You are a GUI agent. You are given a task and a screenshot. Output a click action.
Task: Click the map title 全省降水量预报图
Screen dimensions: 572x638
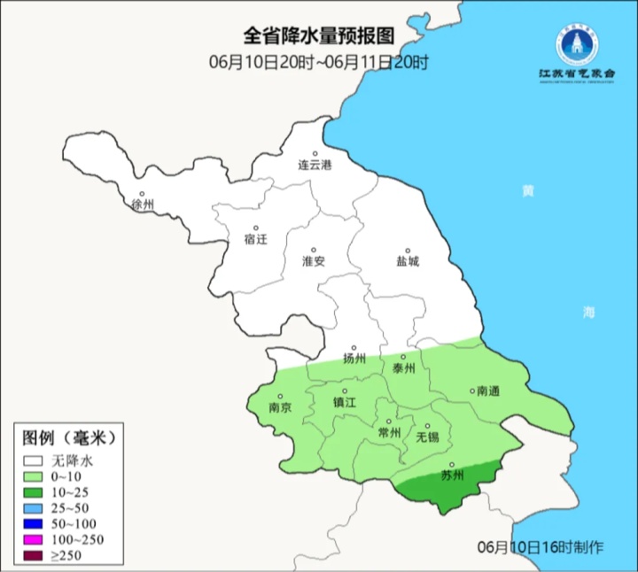318,36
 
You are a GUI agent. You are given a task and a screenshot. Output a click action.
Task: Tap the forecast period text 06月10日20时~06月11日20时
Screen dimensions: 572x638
318,62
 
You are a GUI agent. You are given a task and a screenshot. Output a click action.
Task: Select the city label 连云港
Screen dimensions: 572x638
314,165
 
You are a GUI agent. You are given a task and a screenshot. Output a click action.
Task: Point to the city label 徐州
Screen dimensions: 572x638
143,205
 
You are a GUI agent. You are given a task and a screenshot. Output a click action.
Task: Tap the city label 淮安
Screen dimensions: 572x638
314,261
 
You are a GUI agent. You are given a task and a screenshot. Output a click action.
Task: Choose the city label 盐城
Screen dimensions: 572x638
408,261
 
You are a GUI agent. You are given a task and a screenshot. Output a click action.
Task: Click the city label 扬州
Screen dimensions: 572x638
354,359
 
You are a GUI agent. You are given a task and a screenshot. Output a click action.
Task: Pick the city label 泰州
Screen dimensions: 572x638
403,368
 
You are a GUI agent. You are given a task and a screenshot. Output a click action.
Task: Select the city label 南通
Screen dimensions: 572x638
488,390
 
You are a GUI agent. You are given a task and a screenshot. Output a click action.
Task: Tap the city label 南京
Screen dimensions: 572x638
280,407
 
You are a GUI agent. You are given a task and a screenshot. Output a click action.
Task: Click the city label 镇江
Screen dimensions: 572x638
345,401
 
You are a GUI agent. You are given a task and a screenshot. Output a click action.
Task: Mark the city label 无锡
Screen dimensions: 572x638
427,437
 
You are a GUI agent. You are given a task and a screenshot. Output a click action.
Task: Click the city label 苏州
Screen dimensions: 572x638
452,475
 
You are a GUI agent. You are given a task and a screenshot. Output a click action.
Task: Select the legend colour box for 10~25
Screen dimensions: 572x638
35,491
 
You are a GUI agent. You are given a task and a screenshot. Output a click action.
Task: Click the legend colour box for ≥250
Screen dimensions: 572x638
35,555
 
